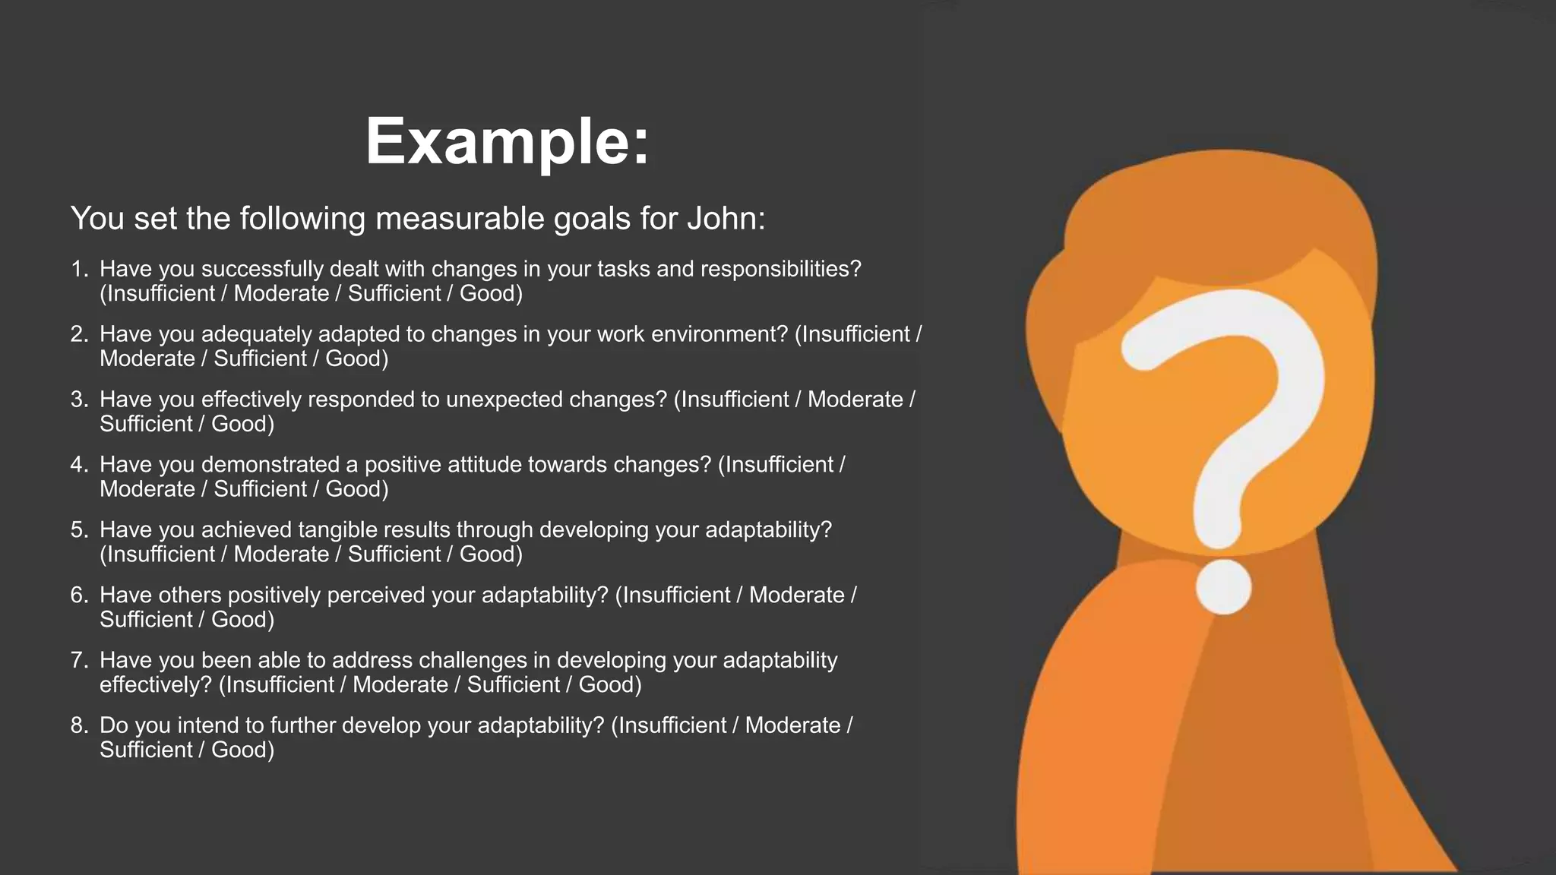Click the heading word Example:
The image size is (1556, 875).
point(508,142)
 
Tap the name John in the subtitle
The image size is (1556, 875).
point(726,219)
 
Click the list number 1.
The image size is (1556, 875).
point(79,269)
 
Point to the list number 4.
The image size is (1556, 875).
point(79,465)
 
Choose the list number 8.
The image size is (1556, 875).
point(79,725)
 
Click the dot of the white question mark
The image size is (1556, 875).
point(1223,587)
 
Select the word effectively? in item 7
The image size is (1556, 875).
point(155,685)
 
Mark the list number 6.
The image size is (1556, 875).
point(79,595)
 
